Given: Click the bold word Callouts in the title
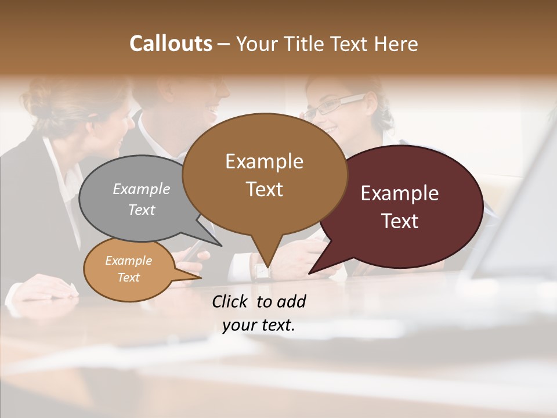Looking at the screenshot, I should pos(171,44).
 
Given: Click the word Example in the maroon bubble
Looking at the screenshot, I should pos(400,193).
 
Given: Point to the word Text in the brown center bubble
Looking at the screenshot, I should pos(265,189).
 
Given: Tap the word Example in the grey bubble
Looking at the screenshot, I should pos(142,189).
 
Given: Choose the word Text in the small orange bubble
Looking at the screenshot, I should pos(129,278).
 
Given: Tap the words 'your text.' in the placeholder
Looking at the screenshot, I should pos(259,325).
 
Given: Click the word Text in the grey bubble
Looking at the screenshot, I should pos(142,210).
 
